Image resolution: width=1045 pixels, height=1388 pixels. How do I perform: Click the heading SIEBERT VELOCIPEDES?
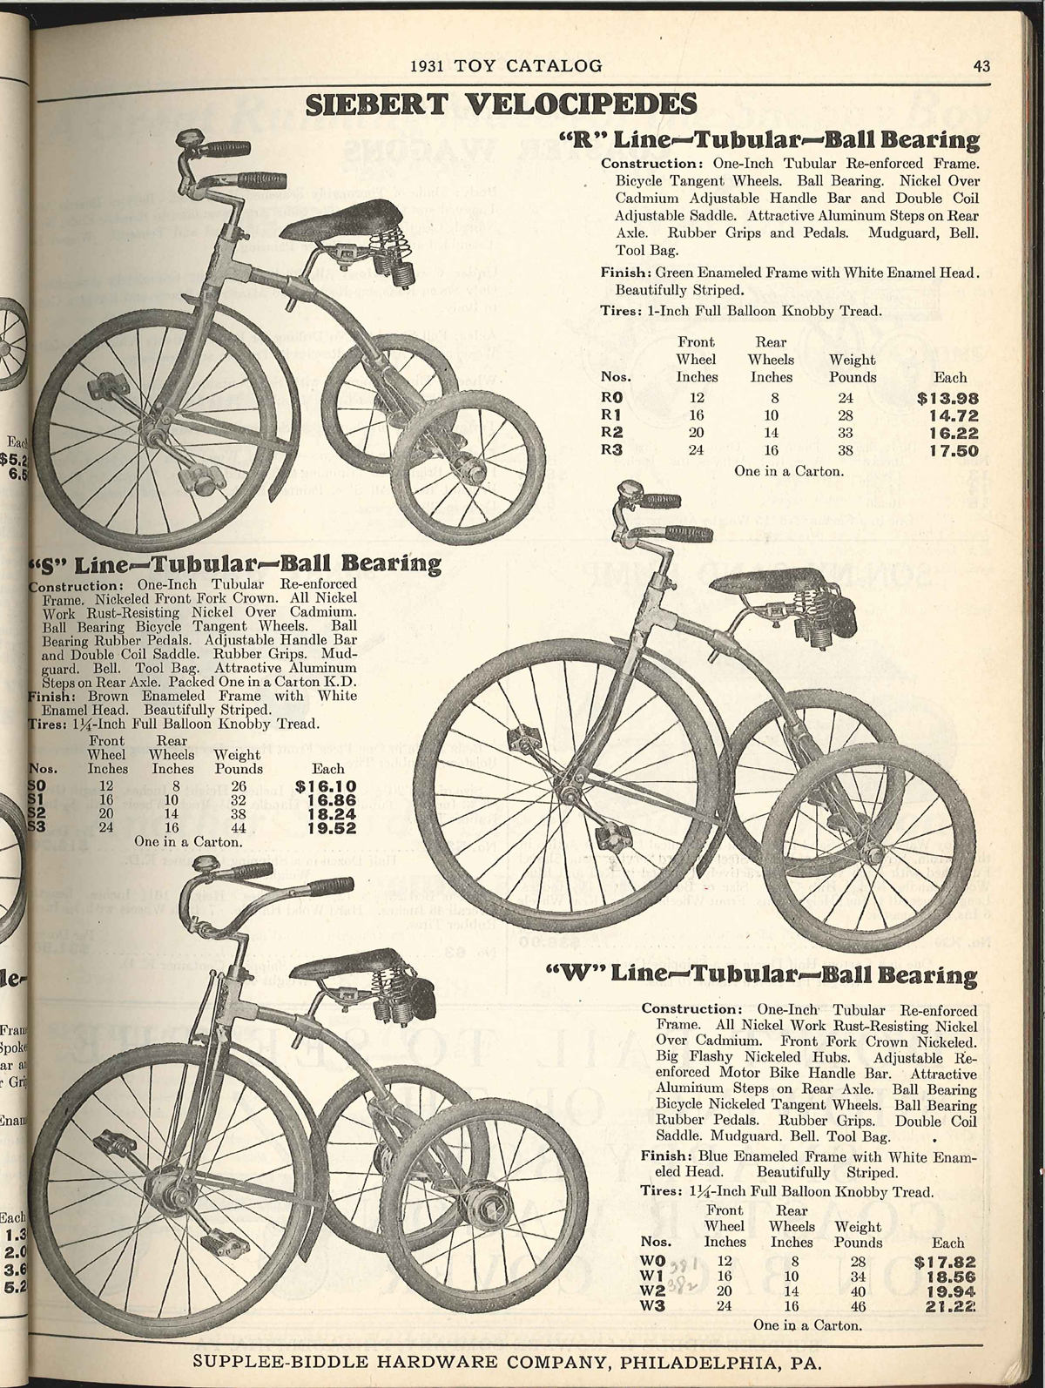(501, 104)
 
